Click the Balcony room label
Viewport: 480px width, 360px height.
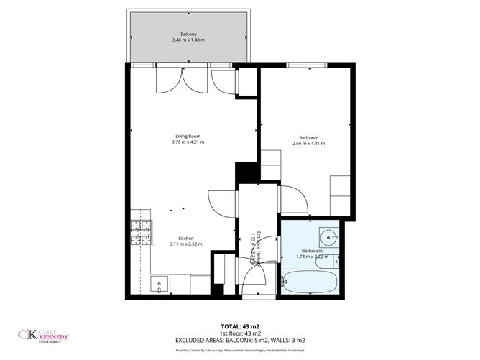coord(188,33)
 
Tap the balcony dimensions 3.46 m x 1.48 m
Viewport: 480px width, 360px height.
coord(188,40)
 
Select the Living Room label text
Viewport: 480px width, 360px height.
coord(188,136)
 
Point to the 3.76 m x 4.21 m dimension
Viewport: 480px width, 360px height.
coord(188,142)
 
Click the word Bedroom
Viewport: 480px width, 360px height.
coord(308,137)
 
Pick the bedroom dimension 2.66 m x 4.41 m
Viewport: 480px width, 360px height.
coord(308,144)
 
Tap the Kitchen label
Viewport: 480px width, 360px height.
coord(185,238)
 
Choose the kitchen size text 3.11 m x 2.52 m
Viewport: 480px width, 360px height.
coord(185,244)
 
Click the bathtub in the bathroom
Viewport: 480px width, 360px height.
coord(310,282)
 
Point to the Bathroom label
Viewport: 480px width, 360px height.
coord(311,250)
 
